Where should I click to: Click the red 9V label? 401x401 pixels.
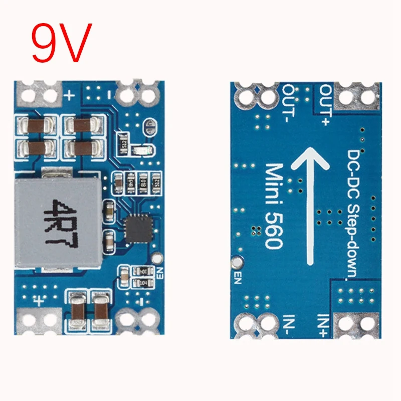coord(62,43)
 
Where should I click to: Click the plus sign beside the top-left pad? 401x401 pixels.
coord(70,94)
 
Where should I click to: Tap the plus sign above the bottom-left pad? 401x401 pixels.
coord(39,300)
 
